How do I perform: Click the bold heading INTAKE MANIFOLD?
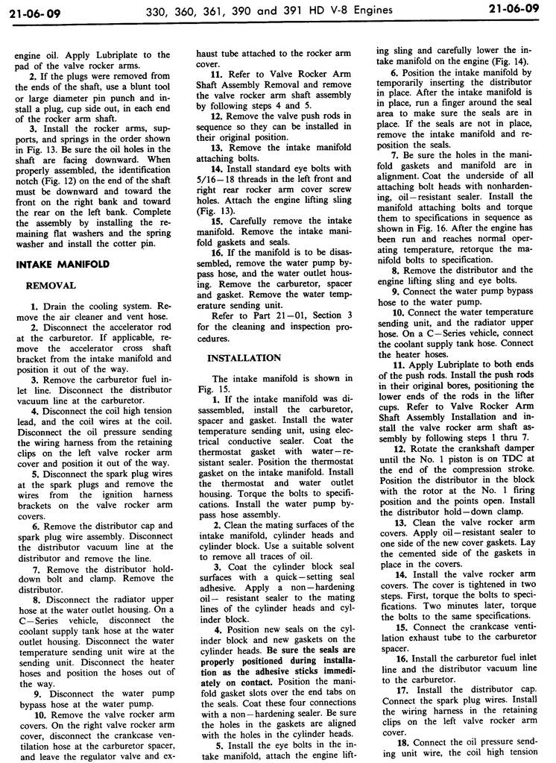tap(63, 264)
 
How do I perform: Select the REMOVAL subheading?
tap(50, 285)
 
